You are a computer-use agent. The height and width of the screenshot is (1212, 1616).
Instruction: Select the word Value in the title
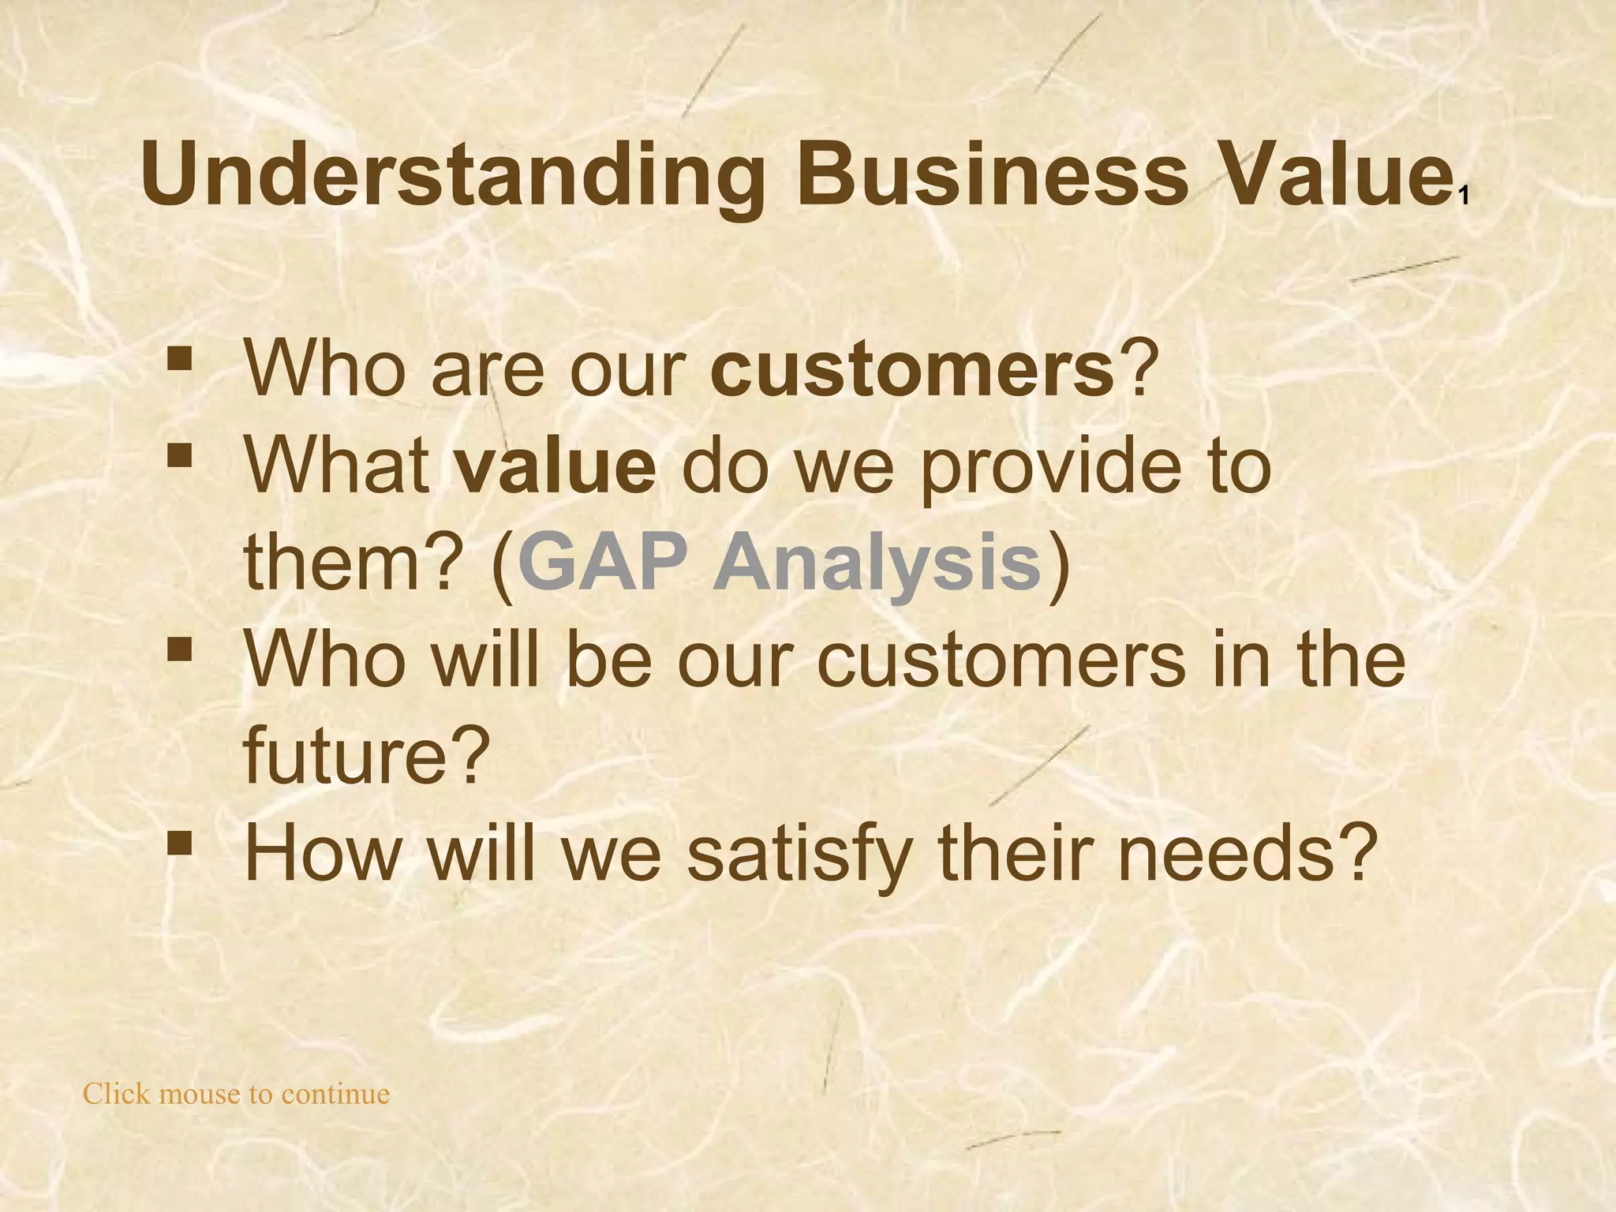point(1333,174)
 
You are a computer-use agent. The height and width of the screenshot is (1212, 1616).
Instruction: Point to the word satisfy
point(798,855)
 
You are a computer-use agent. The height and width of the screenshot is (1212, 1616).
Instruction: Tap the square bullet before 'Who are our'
point(180,360)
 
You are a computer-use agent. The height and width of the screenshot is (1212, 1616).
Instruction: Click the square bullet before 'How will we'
point(180,843)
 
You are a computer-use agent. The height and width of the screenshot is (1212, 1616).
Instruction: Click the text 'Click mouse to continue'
point(237,1094)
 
